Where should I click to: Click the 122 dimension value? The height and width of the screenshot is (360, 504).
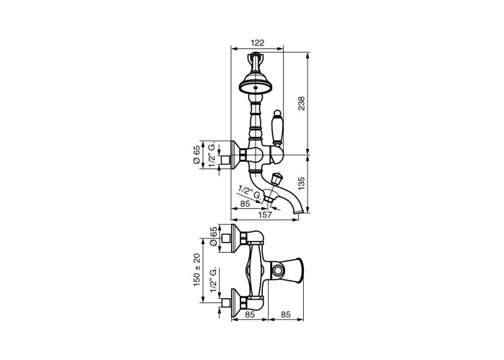point(257,42)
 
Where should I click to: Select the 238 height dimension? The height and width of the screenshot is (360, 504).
point(302,103)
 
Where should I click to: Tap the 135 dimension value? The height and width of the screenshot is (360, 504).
point(302,184)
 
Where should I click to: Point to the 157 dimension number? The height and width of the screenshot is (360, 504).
point(265,215)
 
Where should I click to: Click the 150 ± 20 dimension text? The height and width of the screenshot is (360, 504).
point(197,270)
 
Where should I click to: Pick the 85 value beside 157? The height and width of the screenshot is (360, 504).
point(246,204)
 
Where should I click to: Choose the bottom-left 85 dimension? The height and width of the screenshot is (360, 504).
point(250,315)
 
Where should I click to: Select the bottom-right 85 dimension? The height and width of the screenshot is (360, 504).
point(286,315)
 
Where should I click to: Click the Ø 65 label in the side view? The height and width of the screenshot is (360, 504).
point(197,155)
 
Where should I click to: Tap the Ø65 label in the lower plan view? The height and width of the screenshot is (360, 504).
point(213,237)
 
